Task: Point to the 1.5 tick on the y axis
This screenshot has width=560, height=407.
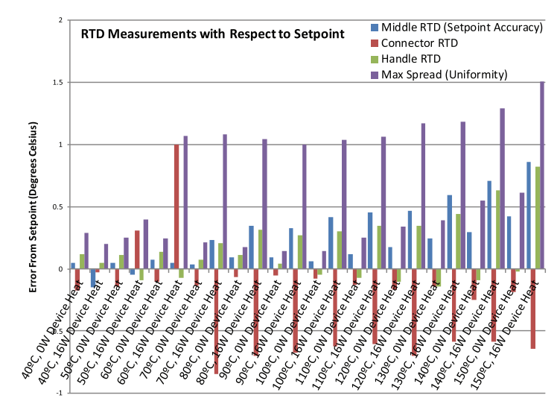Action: click(x=51, y=83)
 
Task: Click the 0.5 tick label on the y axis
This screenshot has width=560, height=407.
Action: click(x=51, y=207)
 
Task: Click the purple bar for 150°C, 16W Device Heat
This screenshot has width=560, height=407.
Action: click(x=542, y=175)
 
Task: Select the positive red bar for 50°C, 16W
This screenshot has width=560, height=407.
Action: click(x=136, y=250)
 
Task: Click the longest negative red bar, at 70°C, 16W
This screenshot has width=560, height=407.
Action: click(x=216, y=321)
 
